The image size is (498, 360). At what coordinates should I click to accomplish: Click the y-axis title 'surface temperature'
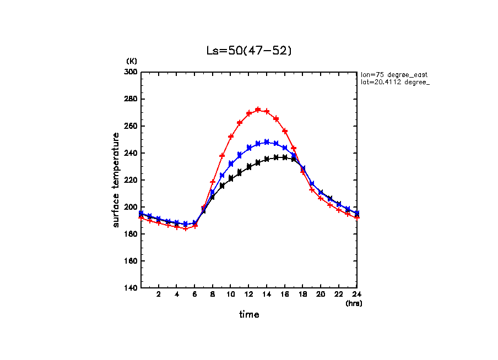point(116,180)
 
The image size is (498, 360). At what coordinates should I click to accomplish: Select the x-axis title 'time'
point(249,315)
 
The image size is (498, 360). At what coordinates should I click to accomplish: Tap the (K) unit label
point(132,61)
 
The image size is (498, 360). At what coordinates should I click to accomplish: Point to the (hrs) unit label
point(353,303)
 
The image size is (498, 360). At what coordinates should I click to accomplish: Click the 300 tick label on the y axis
point(131,72)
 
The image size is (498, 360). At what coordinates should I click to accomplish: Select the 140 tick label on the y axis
point(131,288)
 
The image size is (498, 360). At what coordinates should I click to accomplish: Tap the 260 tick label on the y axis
point(131,126)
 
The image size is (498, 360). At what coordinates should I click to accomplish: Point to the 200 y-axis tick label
point(131,207)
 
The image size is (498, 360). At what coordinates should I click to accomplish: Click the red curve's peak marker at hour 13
point(258,110)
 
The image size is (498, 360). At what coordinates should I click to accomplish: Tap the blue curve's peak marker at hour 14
point(267,142)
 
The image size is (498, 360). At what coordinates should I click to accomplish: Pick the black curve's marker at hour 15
point(276,157)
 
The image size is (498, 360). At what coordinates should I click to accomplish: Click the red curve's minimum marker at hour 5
point(186,228)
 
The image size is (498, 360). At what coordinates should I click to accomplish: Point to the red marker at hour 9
point(222,156)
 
